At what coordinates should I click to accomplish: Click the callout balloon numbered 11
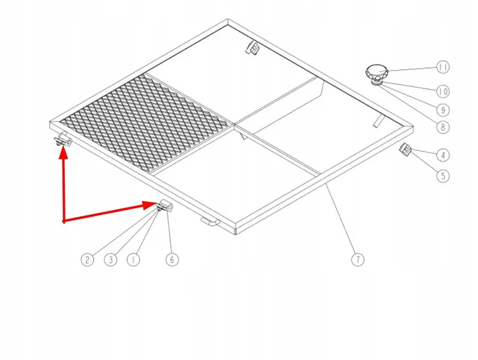coord(443,67)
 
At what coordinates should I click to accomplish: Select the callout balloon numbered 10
coord(443,92)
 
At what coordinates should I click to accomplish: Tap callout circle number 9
coord(443,110)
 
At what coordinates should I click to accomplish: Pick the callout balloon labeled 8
coord(443,127)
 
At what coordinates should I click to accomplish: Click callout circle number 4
coord(443,155)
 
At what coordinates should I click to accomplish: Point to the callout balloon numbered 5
coord(443,176)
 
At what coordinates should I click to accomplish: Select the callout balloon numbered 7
coord(358,260)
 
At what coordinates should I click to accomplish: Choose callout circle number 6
coord(172,260)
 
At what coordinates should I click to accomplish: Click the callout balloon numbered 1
coord(133,260)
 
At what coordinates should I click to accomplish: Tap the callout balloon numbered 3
coord(111,260)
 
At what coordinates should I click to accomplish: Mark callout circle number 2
coord(87,260)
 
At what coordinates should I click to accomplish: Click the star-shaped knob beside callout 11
coord(377,71)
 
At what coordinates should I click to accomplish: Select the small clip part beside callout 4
coord(405,149)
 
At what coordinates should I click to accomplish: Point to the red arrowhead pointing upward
coord(64,153)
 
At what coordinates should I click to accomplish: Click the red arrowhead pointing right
coord(150,205)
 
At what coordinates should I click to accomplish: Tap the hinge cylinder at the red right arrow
coord(166,206)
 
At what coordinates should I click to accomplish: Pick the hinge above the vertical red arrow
coord(63,139)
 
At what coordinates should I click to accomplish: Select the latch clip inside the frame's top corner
coord(252,48)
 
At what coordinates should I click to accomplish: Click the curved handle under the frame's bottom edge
coord(210,222)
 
